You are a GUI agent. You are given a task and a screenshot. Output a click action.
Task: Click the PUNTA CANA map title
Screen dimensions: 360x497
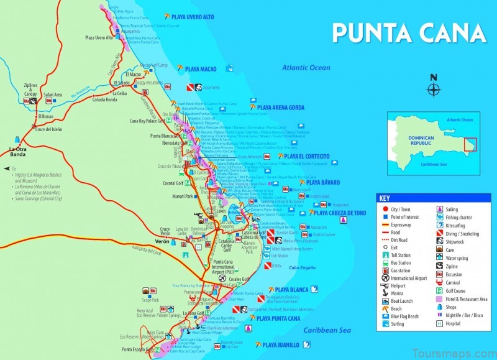[x=408, y=32]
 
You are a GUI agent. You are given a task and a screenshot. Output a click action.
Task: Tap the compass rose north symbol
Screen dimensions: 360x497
[x=434, y=86]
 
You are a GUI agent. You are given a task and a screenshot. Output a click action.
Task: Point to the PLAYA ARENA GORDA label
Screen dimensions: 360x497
[x=281, y=108]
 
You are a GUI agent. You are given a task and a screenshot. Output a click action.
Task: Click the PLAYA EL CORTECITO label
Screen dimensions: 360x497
[x=306, y=156]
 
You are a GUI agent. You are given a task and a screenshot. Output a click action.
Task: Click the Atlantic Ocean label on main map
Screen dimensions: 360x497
[x=306, y=68]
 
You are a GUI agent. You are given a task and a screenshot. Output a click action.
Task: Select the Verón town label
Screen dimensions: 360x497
[x=162, y=241]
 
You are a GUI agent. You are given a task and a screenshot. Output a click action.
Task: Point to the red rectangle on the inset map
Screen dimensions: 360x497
[x=470, y=144]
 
